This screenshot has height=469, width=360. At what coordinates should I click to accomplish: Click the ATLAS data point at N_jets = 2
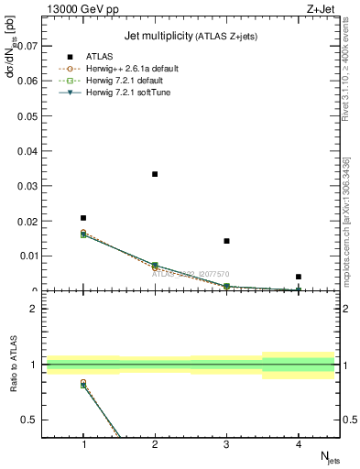pos(155,174)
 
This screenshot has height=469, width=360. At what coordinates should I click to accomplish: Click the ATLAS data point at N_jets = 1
pos(83,218)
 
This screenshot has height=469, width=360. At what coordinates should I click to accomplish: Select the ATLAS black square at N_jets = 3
pos(226,241)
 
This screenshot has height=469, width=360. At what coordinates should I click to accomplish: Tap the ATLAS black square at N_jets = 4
pos(299,277)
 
